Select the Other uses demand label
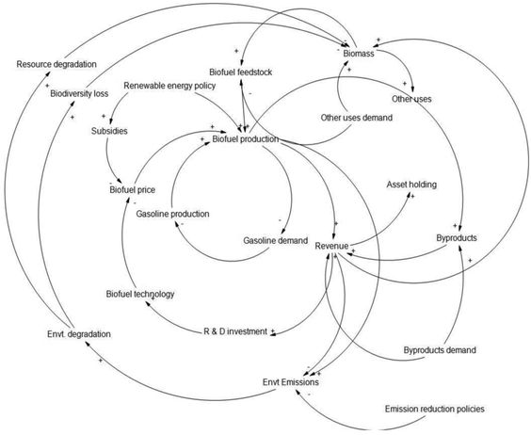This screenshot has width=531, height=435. pyautogui.click(x=356, y=118)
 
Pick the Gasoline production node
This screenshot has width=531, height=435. pyautogui.click(x=172, y=214)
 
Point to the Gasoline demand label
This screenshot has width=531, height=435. pyautogui.click(x=276, y=240)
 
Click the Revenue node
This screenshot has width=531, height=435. pyautogui.click(x=331, y=246)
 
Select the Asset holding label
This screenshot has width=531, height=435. pyautogui.click(x=411, y=185)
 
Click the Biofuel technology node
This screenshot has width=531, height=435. pyautogui.click(x=140, y=294)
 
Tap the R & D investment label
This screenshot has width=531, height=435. pyautogui.click(x=236, y=331)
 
